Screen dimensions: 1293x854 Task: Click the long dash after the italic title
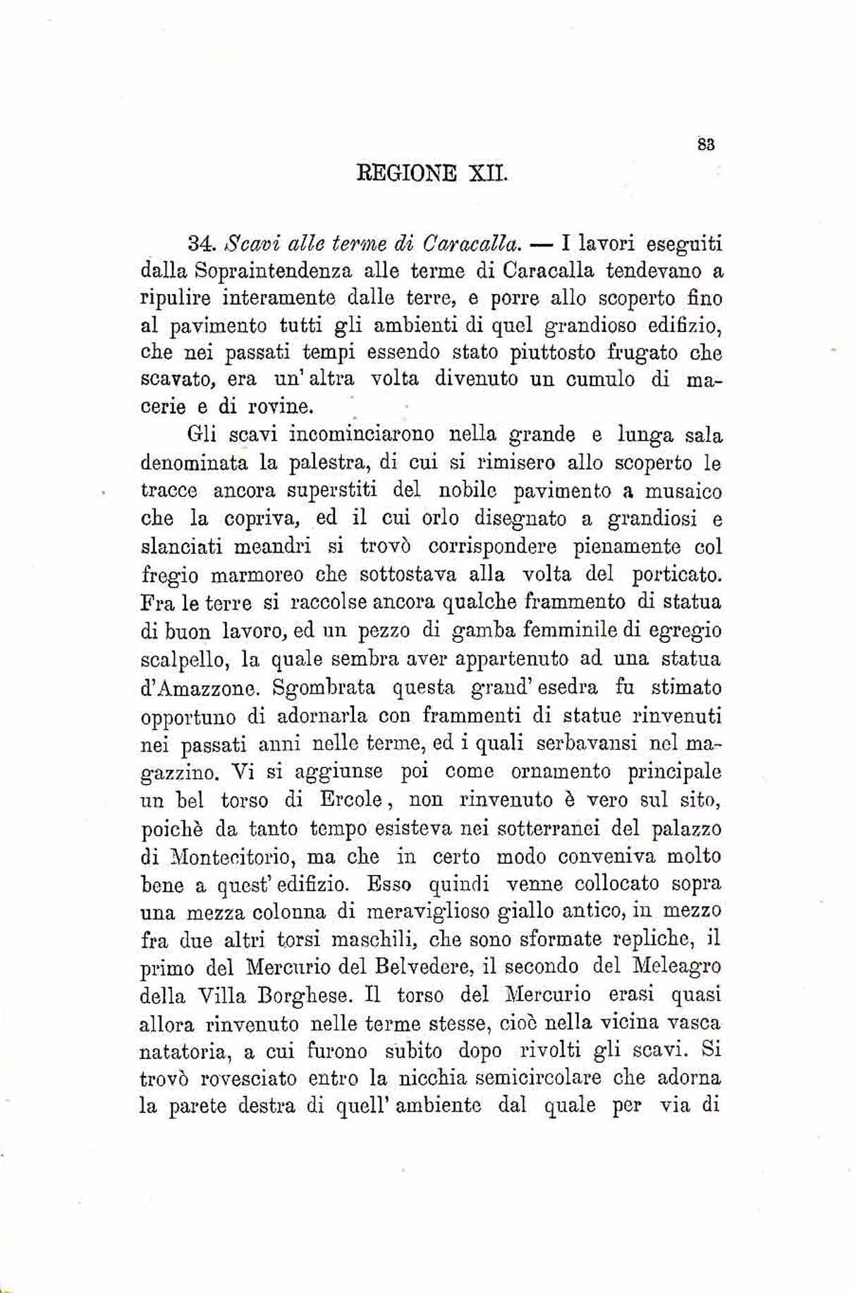coord(542,247)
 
